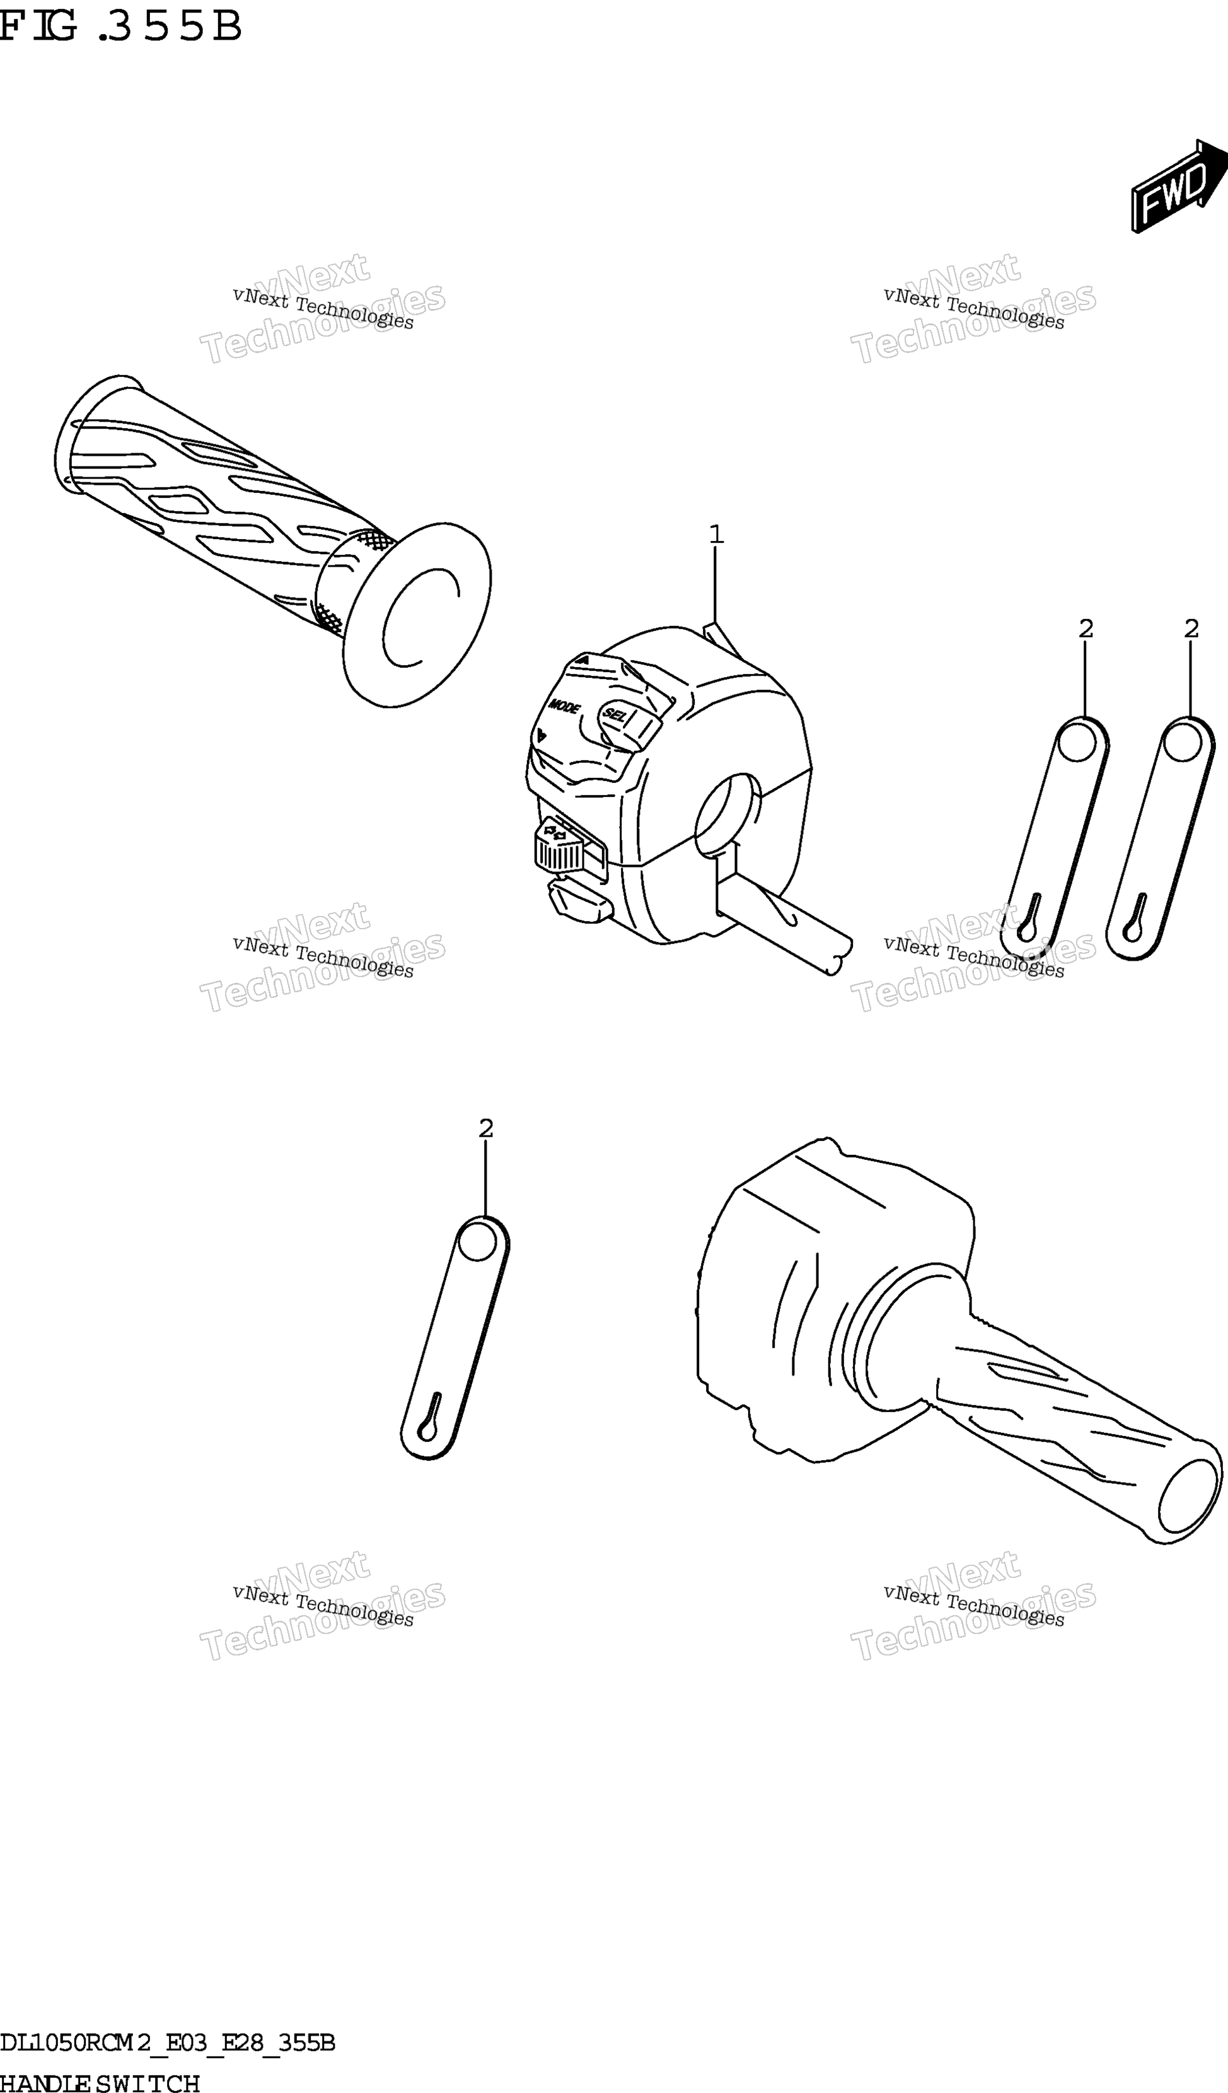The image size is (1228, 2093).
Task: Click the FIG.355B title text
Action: click(120, 26)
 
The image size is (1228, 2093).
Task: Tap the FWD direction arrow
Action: click(1179, 185)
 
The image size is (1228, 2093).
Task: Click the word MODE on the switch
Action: click(564, 706)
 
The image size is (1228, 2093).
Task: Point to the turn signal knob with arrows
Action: click(560, 845)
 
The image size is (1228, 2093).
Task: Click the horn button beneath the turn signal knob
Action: click(578, 901)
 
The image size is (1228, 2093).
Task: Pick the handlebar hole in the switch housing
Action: click(726, 815)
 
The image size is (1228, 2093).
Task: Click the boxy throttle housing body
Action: click(822, 1288)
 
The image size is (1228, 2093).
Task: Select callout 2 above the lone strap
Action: click(487, 1128)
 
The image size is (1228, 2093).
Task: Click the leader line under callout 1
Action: click(715, 586)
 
